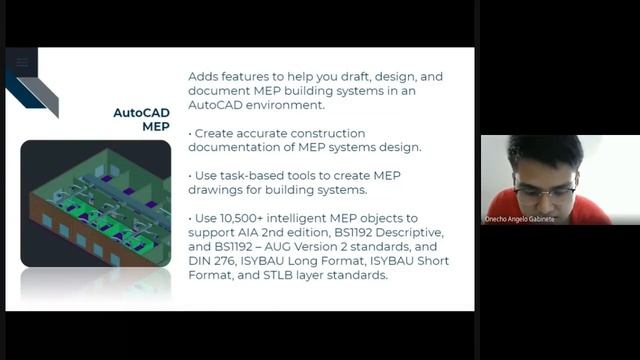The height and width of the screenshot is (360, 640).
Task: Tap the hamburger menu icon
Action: tap(22, 62)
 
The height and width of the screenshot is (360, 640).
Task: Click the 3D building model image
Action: tap(95, 204)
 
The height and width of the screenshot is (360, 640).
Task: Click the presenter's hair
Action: tap(546, 151)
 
